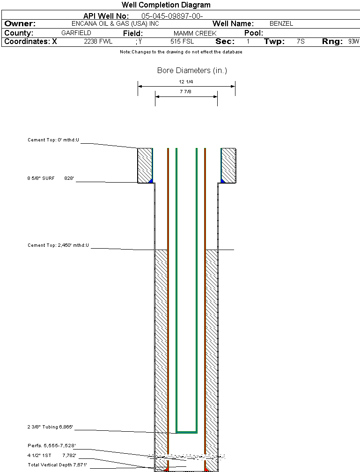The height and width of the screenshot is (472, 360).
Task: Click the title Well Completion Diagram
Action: point(166,5)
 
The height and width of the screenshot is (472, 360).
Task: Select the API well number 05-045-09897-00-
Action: point(172,16)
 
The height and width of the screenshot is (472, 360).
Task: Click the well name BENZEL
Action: point(281,23)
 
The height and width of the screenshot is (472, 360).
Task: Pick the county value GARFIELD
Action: point(76,33)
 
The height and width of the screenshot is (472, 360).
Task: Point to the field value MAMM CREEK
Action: point(195,33)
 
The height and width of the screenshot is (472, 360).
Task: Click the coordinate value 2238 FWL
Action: point(98,42)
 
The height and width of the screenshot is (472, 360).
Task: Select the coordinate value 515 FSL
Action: point(182,42)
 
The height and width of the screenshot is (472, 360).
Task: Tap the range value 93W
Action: point(353,42)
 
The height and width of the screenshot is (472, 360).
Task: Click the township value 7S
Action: point(301,42)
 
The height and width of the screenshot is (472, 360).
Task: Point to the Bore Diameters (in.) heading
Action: point(192,71)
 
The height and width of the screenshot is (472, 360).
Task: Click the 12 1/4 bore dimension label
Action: point(186,82)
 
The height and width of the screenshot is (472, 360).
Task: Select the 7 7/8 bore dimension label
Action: point(186,92)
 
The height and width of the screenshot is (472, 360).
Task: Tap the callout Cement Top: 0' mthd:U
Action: point(53,140)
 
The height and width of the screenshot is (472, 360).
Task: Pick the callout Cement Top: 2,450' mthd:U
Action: point(58,245)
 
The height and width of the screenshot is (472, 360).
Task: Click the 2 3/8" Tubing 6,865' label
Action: point(50,427)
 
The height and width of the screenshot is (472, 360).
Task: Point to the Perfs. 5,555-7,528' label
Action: point(51,445)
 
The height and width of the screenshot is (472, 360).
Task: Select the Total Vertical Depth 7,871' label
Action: point(57,464)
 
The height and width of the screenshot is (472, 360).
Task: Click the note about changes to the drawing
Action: point(181,52)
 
